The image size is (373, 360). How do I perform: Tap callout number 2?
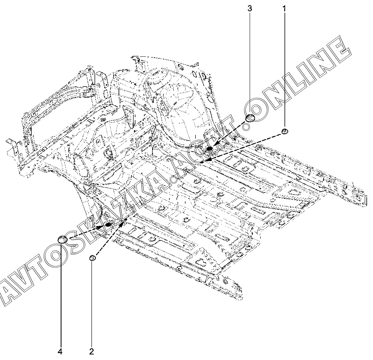click(x=92, y=352)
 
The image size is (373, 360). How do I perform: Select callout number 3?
click(x=249, y=8)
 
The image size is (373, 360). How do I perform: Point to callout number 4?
click(x=60, y=352)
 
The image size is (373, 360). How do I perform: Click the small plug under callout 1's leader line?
click(x=285, y=131)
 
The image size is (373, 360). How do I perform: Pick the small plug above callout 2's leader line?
click(x=93, y=257)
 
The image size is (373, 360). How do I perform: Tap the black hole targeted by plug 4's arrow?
click(x=108, y=225)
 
